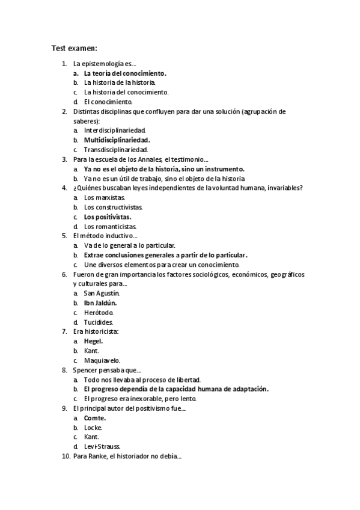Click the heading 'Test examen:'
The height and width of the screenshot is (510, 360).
(74, 49)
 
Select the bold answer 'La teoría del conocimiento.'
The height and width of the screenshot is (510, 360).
(125, 73)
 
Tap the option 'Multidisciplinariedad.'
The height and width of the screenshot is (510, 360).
(117, 140)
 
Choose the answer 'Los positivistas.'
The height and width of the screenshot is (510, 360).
(108, 217)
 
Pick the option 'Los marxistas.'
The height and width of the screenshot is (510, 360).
(105, 197)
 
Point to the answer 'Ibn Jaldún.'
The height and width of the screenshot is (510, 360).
(100, 303)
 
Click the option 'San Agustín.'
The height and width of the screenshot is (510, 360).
(102, 293)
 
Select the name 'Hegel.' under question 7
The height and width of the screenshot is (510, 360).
(93, 341)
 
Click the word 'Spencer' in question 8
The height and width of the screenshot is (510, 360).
(87, 370)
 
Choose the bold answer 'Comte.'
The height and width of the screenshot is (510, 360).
(95, 418)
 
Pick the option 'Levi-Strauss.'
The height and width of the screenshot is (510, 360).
(102, 447)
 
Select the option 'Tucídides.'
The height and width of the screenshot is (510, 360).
(99, 322)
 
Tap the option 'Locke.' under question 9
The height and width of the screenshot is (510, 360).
(93, 428)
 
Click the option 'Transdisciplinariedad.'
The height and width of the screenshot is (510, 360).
(116, 150)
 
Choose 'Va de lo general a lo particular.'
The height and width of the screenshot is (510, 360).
(130, 245)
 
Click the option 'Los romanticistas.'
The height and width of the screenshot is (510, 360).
(111, 226)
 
